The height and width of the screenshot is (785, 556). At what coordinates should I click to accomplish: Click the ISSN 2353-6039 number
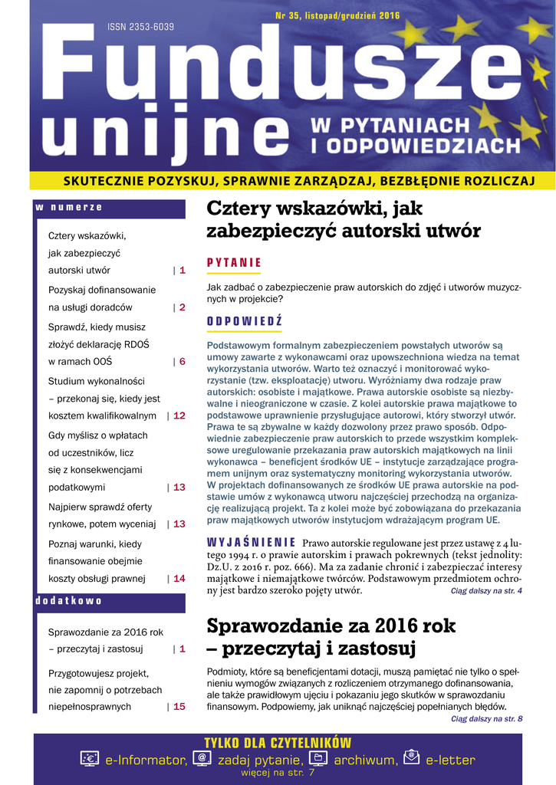pos(140,28)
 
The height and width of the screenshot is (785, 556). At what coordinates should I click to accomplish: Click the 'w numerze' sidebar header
pos(69,208)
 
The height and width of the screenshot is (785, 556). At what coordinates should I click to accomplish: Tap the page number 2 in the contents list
pos(183,307)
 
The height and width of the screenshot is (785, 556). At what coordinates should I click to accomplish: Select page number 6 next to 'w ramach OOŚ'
pos(183,362)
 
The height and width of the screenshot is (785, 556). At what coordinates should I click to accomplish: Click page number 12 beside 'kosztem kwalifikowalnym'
pos(179,415)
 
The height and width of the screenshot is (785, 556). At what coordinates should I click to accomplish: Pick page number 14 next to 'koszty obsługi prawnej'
pos(179,579)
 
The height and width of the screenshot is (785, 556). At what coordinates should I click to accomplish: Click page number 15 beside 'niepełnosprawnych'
pos(179,707)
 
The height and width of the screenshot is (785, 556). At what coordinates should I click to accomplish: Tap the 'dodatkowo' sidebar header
pos(69,601)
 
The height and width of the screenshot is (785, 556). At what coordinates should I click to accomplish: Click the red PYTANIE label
pos(234,263)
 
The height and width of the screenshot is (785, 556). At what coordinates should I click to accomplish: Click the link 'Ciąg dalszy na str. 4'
pos(486,591)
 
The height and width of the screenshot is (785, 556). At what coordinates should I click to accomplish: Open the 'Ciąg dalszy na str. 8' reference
pos(486,719)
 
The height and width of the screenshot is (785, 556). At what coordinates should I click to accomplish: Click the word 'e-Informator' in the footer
pos(146,760)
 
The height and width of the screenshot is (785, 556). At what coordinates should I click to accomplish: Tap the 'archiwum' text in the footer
pos(365,760)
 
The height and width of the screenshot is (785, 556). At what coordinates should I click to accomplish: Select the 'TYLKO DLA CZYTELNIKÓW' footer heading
pos(278,743)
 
